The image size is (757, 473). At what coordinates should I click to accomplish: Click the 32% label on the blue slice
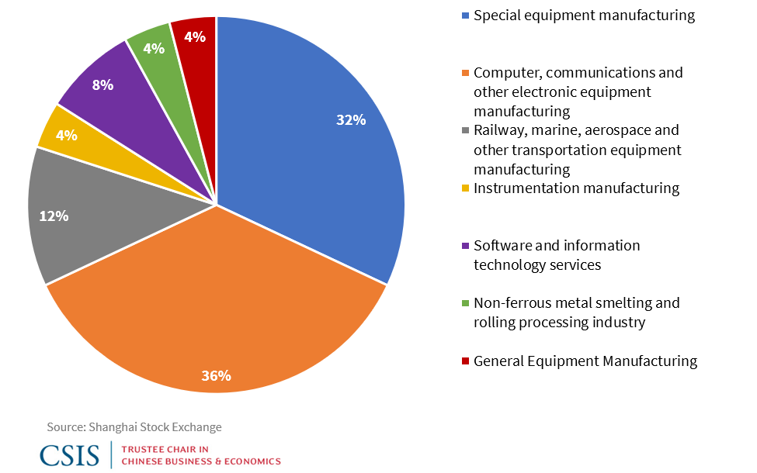click(351, 120)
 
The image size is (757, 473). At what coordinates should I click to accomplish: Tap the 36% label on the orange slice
click(216, 376)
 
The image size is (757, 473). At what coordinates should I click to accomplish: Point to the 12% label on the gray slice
click(54, 216)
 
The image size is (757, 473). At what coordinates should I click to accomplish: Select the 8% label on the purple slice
click(102, 85)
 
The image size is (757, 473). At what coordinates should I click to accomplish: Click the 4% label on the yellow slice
click(66, 135)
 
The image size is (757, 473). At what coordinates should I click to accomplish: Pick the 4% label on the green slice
click(154, 48)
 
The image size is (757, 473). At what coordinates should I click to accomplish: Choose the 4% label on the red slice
click(195, 36)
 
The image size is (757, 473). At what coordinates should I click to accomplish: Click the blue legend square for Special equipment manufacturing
click(465, 16)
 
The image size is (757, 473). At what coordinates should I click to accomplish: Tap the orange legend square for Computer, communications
click(465, 73)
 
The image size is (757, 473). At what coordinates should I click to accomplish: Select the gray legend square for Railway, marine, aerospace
click(465, 130)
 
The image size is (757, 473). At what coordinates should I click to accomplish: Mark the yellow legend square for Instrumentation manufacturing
click(465, 188)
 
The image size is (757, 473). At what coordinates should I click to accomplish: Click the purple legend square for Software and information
click(465, 246)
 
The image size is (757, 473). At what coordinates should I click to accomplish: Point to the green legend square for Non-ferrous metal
click(465, 303)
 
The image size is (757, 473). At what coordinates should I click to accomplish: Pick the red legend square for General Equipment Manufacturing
click(465, 361)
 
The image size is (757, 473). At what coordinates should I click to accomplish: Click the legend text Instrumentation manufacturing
click(576, 188)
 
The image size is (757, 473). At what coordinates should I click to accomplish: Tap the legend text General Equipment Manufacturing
click(585, 361)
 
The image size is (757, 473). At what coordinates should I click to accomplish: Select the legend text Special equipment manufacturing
click(584, 16)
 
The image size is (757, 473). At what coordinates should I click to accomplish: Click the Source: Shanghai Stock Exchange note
click(134, 427)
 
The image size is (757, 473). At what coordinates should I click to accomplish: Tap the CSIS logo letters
click(71, 454)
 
